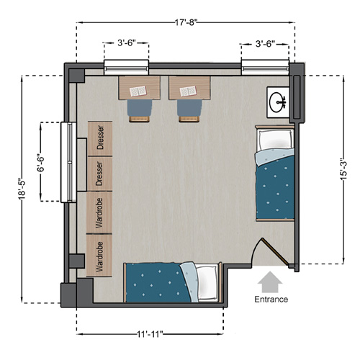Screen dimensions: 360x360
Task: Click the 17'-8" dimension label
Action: (186, 22)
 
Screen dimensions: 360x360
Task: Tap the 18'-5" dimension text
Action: (22, 190)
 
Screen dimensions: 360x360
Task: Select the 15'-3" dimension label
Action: (343, 171)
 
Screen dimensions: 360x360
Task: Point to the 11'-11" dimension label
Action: (150, 334)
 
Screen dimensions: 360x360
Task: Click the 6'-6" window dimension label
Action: (41, 164)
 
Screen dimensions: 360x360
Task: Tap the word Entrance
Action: (271, 300)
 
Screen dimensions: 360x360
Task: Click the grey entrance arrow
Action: (270, 282)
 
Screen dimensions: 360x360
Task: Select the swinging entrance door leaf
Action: (275, 251)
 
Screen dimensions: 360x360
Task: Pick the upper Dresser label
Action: (100, 138)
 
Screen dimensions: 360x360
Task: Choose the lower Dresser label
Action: (99, 174)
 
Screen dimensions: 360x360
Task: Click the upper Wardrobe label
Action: (99, 212)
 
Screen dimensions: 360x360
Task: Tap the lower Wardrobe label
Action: (99, 256)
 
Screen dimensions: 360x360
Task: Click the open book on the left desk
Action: (138, 91)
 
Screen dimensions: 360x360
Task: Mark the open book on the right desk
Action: (188, 91)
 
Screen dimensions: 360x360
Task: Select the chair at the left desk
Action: (140, 111)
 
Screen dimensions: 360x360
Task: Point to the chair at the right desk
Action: (189, 111)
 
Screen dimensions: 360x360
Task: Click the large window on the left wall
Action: (68, 162)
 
